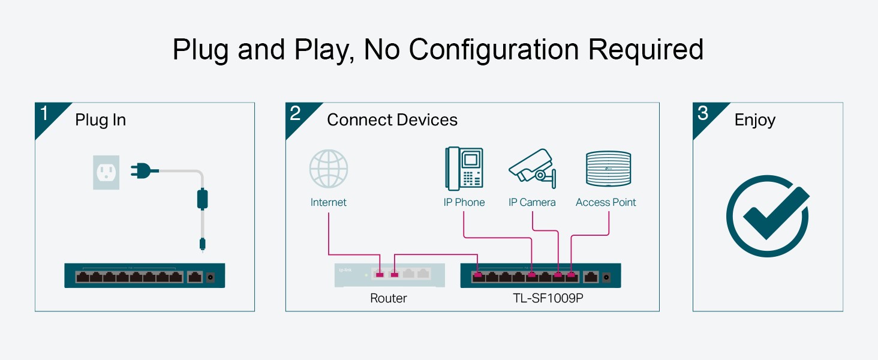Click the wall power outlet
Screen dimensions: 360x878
(106, 173)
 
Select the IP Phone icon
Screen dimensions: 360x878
(464, 169)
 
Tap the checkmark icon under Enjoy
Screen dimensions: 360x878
(768, 216)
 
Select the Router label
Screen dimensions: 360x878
(389, 298)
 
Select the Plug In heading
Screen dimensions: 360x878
(100, 120)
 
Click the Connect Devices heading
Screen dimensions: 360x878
(392, 120)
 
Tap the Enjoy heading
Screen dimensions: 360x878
(755, 120)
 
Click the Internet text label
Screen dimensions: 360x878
(329, 202)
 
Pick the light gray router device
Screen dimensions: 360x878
(390, 275)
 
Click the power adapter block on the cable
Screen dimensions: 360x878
(203, 198)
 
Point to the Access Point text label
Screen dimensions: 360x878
(606, 202)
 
